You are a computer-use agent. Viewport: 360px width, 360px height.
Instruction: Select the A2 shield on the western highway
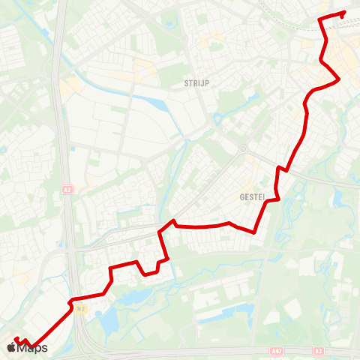[x=67, y=190]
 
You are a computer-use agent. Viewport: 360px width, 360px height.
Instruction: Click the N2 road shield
[x=80, y=308]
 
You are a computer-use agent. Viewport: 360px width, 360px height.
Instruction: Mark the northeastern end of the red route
[x=343, y=13]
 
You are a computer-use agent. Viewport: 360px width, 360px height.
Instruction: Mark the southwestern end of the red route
[x=16, y=340]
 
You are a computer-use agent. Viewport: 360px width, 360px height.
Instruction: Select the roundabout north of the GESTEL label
[x=242, y=148]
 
